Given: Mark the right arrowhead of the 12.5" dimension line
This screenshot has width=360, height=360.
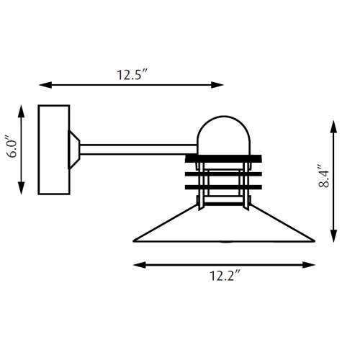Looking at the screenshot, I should click(x=219, y=85).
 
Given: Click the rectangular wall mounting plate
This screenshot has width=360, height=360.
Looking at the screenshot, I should click(x=53, y=150).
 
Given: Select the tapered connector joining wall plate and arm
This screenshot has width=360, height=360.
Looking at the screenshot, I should click(x=73, y=149).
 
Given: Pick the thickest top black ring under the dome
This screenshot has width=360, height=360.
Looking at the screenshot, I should click(x=224, y=158).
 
